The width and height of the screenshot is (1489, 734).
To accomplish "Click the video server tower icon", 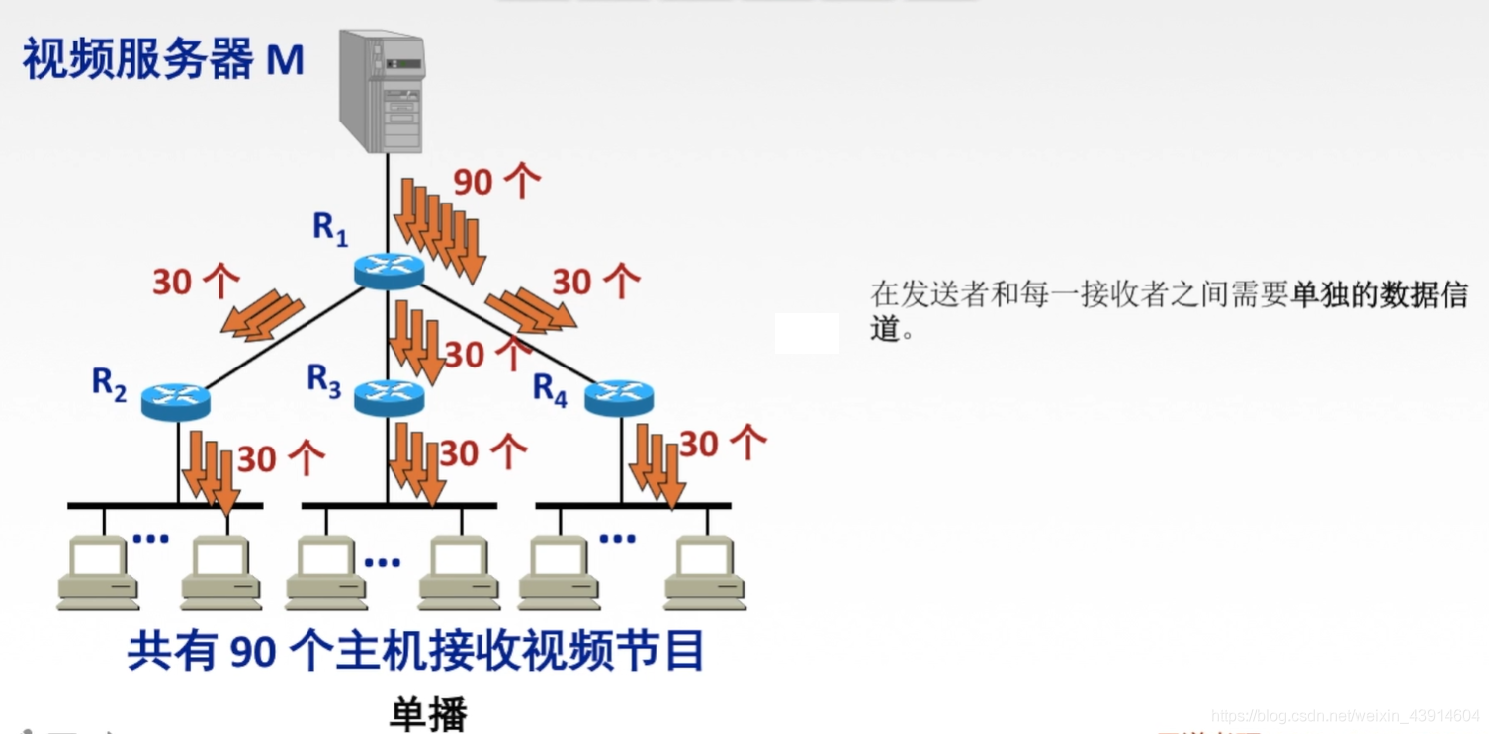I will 382,90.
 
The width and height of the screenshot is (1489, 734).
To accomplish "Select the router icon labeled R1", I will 389,270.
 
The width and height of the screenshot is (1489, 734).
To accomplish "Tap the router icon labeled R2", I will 175,401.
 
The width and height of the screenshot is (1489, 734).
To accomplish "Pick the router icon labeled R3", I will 389,396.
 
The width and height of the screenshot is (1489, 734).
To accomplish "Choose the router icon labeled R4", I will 619,397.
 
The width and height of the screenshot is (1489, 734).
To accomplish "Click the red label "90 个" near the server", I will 496,181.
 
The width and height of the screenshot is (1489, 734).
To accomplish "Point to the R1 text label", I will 330,229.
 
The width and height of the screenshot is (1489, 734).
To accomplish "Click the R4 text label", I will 550,390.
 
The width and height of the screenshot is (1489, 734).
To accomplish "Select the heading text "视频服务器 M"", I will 163,60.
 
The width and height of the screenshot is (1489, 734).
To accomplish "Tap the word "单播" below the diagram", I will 427,714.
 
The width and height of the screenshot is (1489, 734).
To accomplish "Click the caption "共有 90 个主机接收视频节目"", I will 415,652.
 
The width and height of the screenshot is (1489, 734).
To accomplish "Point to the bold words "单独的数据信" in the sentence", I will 1379,294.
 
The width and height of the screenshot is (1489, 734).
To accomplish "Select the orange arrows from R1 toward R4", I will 530,309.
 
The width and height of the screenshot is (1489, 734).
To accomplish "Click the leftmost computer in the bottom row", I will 97,573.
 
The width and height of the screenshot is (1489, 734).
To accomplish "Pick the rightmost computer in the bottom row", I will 704,573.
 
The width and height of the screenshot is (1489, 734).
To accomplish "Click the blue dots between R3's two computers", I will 382,562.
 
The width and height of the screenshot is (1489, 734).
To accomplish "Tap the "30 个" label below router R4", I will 723,444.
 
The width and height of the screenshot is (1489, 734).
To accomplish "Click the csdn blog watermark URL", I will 1345,715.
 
